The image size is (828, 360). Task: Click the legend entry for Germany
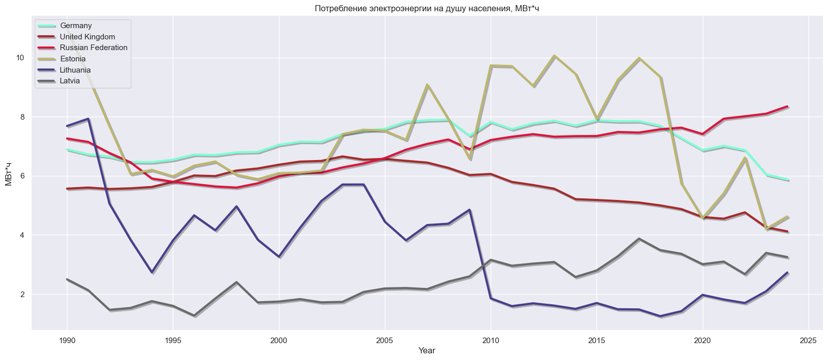[76, 26]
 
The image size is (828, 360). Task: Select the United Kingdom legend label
[87, 37]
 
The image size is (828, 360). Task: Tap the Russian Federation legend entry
[94, 48]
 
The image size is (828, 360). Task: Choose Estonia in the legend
[73, 59]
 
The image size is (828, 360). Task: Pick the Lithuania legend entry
[75, 70]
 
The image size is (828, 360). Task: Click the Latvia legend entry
[70, 81]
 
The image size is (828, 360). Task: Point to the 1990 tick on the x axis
[67, 340]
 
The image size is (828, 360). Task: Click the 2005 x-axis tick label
[385, 340]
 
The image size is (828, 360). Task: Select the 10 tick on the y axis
[20, 58]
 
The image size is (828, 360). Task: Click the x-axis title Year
[427, 351]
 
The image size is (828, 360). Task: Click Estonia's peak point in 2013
[555, 56]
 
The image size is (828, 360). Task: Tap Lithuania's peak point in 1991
[88, 119]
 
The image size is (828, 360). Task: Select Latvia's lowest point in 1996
[194, 316]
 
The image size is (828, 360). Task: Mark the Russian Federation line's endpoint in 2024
[788, 106]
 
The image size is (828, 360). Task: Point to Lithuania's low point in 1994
[152, 272]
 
